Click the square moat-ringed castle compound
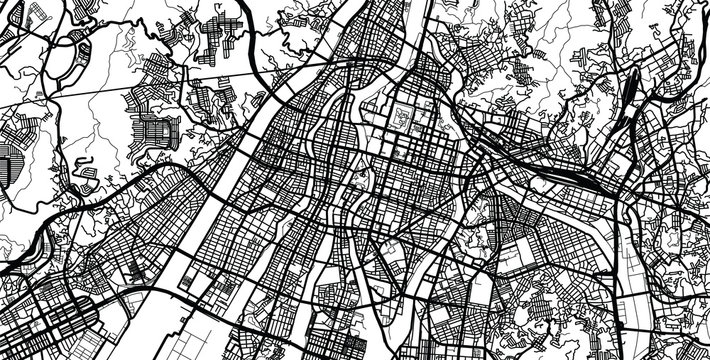(x=405, y=118)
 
